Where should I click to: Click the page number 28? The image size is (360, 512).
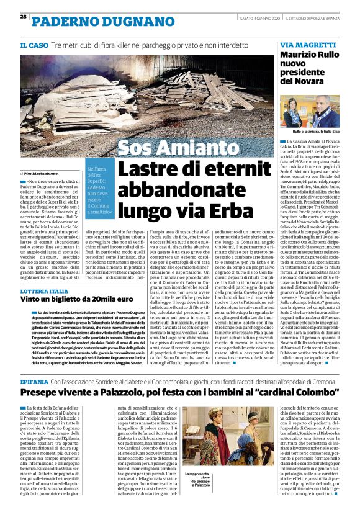coord(23,16)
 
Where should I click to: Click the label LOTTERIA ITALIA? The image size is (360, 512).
coord(44,290)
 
